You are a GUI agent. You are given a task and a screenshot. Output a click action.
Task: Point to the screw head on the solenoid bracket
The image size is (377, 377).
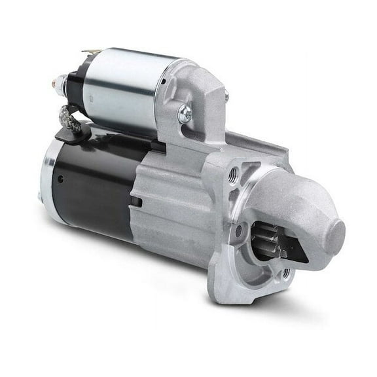click(185, 113)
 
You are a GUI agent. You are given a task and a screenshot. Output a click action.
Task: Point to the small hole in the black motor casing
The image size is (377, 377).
click(60, 178)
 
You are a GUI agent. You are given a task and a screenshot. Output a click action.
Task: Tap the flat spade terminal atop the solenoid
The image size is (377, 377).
click(92, 51)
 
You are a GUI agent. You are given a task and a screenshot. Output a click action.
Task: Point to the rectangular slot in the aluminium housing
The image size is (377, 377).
click(135, 202)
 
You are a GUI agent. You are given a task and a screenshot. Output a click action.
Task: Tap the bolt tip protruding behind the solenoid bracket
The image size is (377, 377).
click(226, 96)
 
